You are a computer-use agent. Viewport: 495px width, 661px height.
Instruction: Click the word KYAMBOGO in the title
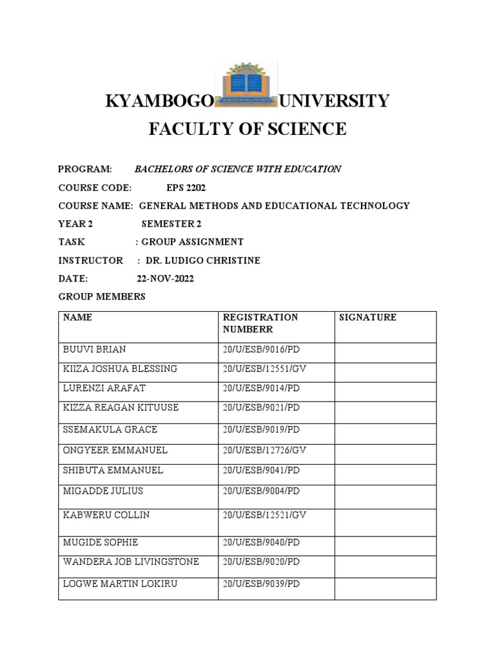(x=159, y=101)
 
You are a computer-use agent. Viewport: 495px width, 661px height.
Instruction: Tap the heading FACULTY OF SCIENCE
(x=247, y=129)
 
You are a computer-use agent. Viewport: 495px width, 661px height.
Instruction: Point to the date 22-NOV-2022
(x=165, y=279)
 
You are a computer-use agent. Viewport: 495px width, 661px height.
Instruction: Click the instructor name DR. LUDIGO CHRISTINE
(x=194, y=260)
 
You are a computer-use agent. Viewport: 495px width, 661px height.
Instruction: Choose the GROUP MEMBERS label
(x=102, y=297)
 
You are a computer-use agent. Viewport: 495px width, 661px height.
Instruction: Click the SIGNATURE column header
(x=367, y=318)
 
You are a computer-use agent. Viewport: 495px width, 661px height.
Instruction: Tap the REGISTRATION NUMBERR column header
(x=260, y=323)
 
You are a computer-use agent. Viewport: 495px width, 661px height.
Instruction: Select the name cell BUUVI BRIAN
(x=94, y=349)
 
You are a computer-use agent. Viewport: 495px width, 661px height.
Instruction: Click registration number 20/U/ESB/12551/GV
(x=264, y=369)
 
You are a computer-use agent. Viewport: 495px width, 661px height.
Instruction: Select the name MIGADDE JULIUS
(x=103, y=491)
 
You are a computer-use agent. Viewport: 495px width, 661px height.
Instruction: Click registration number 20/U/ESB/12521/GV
(x=264, y=516)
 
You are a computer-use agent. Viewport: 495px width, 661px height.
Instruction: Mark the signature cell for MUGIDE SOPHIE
(x=385, y=542)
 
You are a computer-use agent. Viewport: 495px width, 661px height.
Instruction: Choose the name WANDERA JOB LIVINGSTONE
(x=131, y=562)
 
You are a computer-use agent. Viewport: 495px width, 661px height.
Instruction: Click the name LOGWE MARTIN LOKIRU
(x=120, y=584)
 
